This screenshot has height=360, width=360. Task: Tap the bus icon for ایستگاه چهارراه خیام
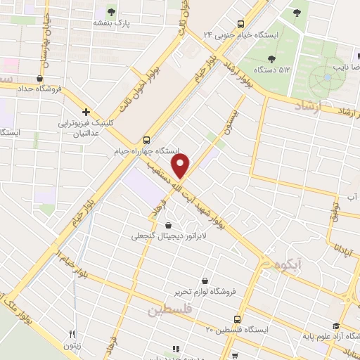tap(147, 139)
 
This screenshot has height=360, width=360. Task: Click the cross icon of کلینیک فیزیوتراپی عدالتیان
tap(86, 111)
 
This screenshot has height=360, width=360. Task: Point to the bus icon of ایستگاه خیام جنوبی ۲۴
tap(240, 22)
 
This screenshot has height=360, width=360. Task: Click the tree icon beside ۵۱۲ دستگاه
tap(272, 57)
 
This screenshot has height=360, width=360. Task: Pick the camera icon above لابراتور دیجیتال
tap(169, 225)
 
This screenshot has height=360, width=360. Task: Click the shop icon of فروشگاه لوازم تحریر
tap(205, 281)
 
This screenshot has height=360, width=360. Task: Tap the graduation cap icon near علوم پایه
tap(336, 325)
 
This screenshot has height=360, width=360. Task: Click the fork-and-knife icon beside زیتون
tap(72, 334)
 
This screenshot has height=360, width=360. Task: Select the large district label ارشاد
tap(309, 104)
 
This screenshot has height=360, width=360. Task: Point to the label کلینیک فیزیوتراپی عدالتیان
tap(86, 127)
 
